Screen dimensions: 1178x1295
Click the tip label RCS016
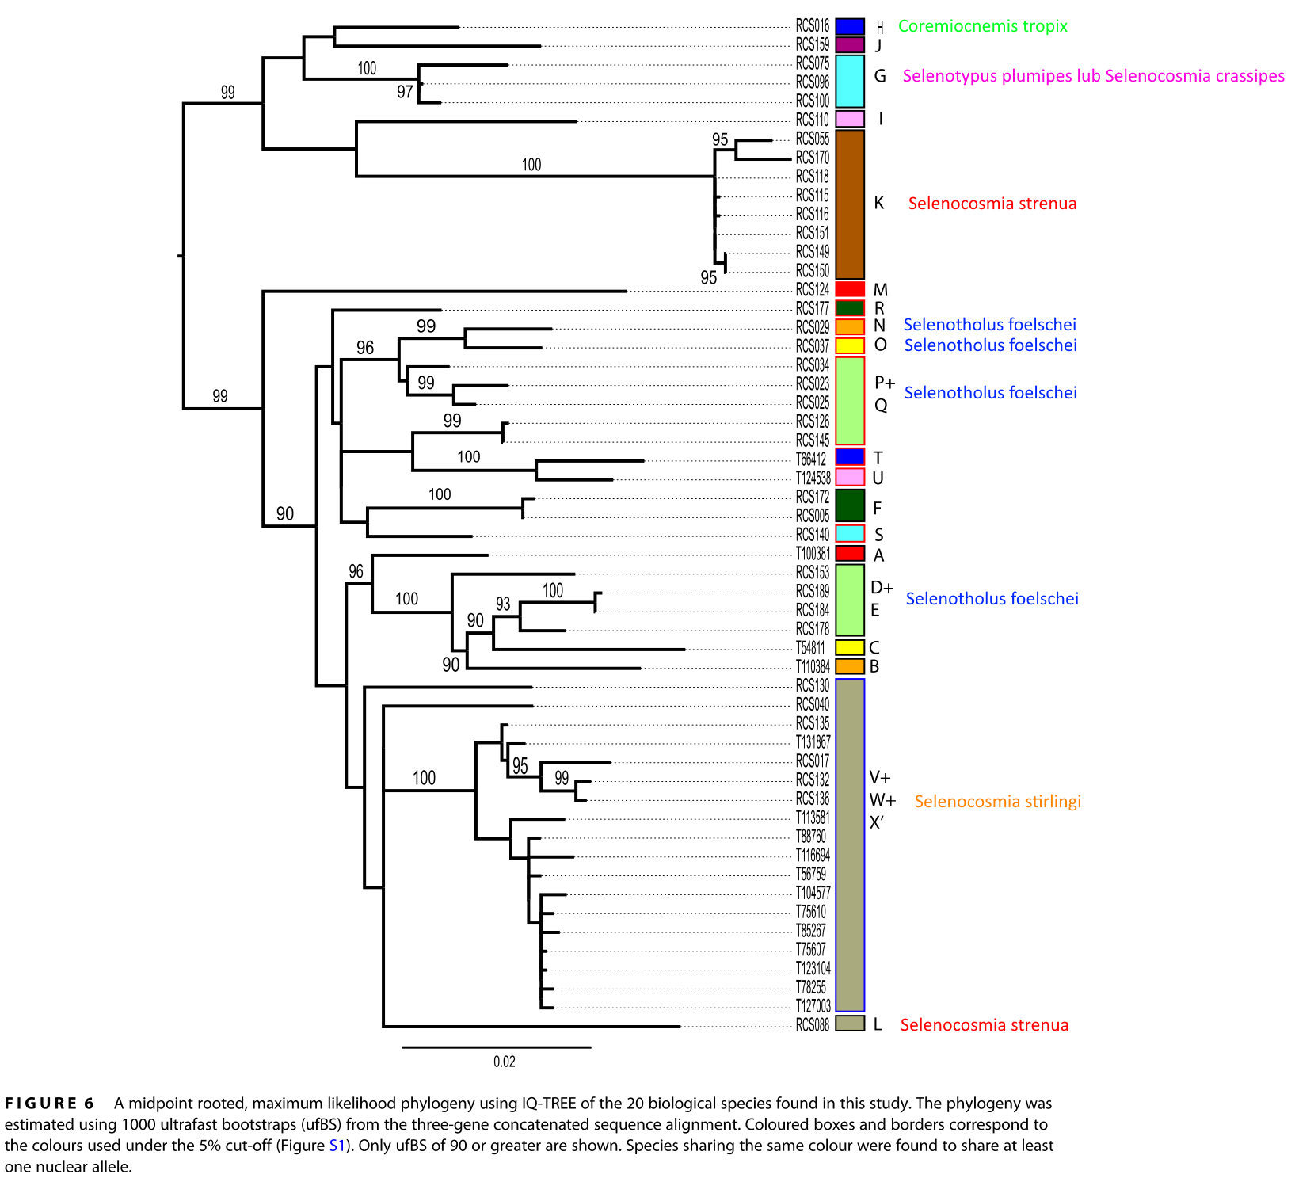pyautogui.click(x=812, y=26)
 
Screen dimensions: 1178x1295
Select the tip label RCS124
pyautogui.click(x=812, y=290)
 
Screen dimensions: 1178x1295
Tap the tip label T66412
pyautogui.click(x=810, y=459)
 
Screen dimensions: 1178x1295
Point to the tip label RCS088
pyautogui.click(x=812, y=1025)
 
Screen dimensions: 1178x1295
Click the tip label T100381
pyautogui.click(x=813, y=554)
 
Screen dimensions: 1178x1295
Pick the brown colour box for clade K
pyautogui.click(x=850, y=204)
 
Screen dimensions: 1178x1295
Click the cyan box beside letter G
pyautogui.click(x=850, y=81)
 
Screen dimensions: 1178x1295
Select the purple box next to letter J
pyautogui.click(x=850, y=45)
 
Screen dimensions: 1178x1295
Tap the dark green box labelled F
pyautogui.click(x=850, y=505)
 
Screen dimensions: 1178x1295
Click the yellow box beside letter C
pyautogui.click(x=850, y=647)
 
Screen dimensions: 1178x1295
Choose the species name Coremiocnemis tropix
pyautogui.click(x=982, y=26)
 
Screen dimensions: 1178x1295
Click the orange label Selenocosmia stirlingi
pyautogui.click(x=997, y=802)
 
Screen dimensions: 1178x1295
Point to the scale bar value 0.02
pyautogui.click(x=504, y=1062)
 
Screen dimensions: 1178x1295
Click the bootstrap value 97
pyautogui.click(x=405, y=92)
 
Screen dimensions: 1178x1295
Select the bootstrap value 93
pyautogui.click(x=503, y=604)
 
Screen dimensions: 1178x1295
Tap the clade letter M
pyautogui.click(x=880, y=290)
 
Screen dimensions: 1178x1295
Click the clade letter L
pyautogui.click(x=877, y=1025)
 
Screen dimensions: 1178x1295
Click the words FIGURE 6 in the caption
pyautogui.click(x=49, y=1104)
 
